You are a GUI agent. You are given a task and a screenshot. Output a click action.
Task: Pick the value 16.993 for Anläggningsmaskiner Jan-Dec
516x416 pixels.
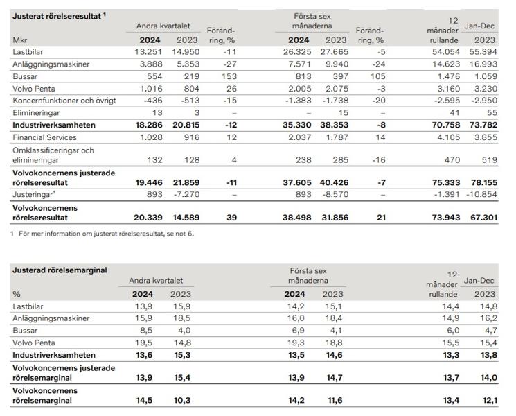(x=483, y=64)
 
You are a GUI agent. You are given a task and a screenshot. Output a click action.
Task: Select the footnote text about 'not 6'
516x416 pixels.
(x=103, y=234)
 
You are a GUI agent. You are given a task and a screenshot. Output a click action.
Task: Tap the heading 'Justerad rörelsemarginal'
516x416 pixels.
(x=60, y=270)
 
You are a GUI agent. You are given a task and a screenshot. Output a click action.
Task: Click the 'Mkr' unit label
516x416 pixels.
(x=20, y=40)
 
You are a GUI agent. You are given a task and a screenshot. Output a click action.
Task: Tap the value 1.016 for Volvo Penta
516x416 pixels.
(x=148, y=89)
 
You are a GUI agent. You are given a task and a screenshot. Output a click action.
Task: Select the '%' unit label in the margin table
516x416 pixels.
(x=17, y=294)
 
